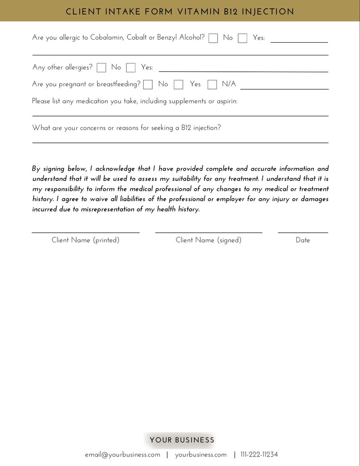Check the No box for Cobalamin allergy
(213, 38)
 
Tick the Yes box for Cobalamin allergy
(243, 38)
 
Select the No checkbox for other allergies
(102, 68)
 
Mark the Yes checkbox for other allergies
(131, 68)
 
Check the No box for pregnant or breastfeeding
(148, 84)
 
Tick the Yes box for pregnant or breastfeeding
(179, 84)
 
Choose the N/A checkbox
(212, 84)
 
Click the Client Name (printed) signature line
(85, 232)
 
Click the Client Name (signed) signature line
(209, 232)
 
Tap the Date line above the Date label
(302, 232)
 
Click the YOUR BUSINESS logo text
(182, 440)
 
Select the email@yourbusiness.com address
(122, 455)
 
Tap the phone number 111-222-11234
(259, 455)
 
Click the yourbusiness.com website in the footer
(201, 455)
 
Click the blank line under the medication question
(180, 116)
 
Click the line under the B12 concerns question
(180, 142)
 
